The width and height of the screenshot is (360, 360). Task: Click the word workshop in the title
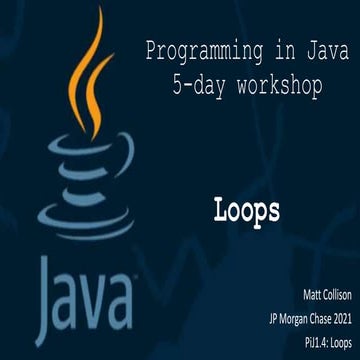tap(278, 88)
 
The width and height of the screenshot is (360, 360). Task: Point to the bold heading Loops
tap(246, 210)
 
